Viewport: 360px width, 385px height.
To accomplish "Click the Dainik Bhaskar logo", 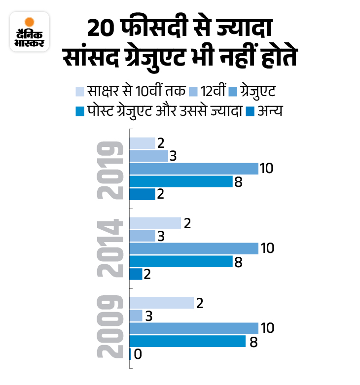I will [x=30, y=33].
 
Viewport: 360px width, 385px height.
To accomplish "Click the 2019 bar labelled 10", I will [x=194, y=169].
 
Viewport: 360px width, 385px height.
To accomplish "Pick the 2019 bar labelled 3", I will [x=148, y=156].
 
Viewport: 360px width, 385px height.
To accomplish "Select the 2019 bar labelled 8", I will [x=180, y=181].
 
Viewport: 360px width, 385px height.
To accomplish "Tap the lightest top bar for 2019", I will [x=142, y=143].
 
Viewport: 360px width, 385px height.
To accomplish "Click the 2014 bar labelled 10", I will [x=194, y=248].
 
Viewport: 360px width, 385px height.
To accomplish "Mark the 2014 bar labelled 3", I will [x=142, y=236].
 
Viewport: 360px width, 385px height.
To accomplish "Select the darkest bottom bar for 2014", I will [x=136, y=274].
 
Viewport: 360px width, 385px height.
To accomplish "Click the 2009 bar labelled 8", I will [x=187, y=341].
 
